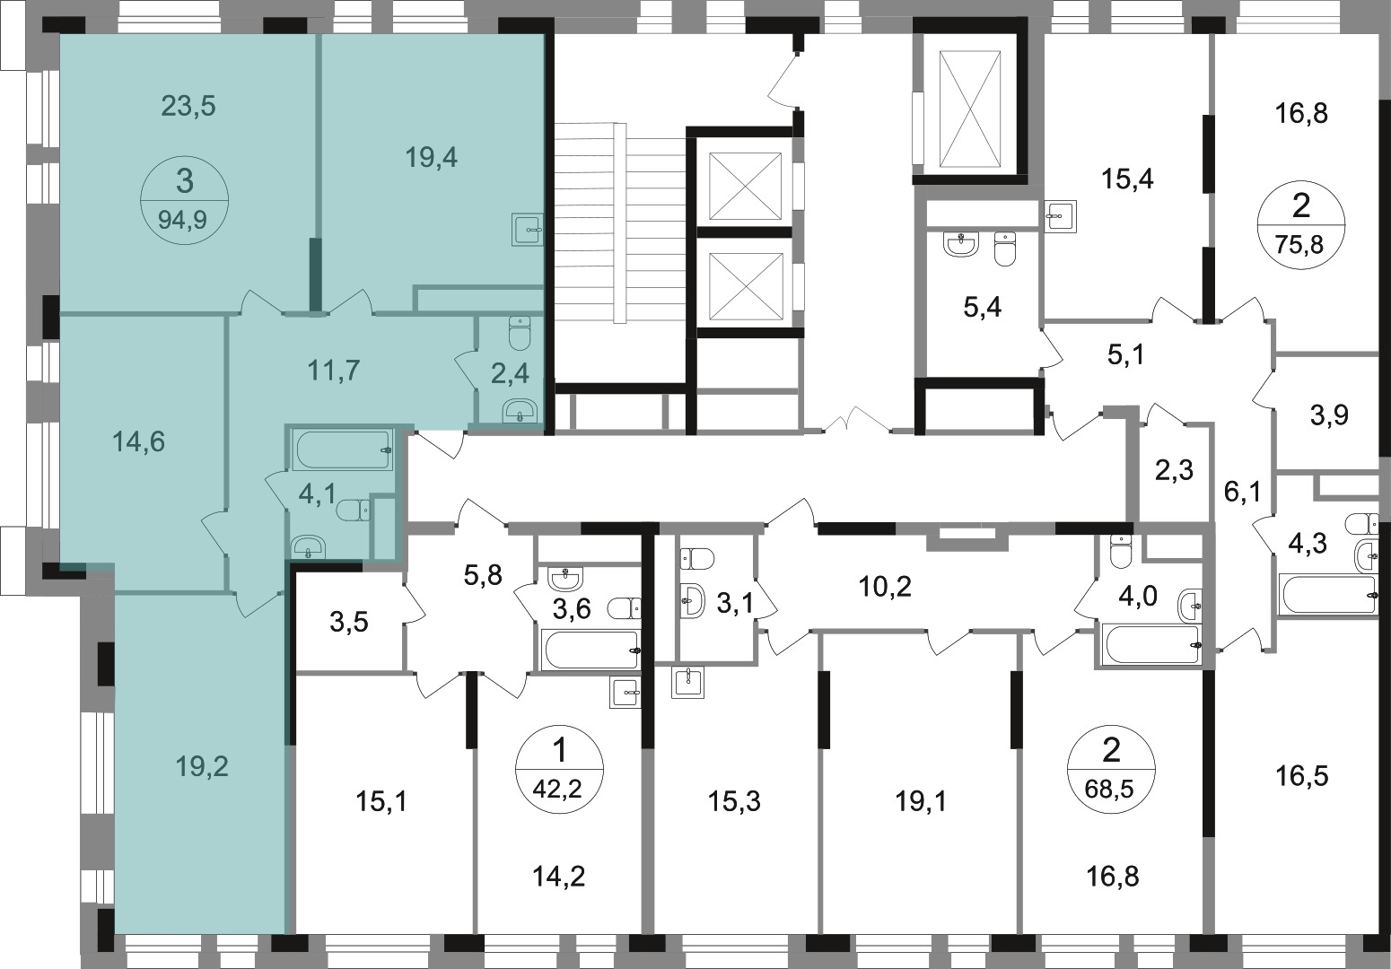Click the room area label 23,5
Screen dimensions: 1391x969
tap(188, 107)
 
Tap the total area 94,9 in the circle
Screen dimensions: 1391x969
tap(182, 220)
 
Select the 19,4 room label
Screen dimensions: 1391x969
tap(431, 158)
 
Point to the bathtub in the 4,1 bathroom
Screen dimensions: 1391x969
tap(344, 449)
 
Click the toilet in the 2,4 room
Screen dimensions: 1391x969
tap(519, 333)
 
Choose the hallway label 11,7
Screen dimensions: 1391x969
tap(334, 371)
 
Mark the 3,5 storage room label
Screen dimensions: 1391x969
tap(349, 622)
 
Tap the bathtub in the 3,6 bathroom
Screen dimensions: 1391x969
tap(591, 650)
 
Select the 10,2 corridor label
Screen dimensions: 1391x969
tap(885, 586)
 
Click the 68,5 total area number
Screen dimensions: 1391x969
tap(1109, 789)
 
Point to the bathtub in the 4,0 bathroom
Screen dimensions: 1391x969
tap(1150, 645)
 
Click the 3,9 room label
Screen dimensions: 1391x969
tap(1329, 415)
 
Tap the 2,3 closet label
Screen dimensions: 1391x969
tap(1175, 470)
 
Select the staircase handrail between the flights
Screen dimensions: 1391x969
tap(619, 223)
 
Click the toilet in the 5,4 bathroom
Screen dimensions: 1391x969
tap(1005, 249)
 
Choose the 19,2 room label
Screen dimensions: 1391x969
tap(202, 767)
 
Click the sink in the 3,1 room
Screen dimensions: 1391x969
tap(693, 600)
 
